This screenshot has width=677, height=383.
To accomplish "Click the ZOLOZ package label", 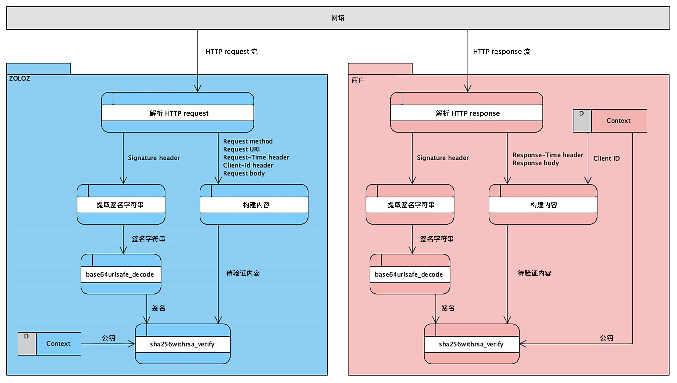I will pyautogui.click(x=20, y=78).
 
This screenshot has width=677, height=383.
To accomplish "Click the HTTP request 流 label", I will pyautogui.click(x=231, y=52).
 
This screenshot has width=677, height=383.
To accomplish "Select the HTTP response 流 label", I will pyautogui.click(x=501, y=52).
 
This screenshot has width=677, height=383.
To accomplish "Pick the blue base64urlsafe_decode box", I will pyautogui.click(x=121, y=274).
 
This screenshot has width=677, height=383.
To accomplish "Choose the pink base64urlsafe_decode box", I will pyautogui.click(x=410, y=274).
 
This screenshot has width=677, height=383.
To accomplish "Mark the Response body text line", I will pyautogui.click(x=536, y=163).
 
